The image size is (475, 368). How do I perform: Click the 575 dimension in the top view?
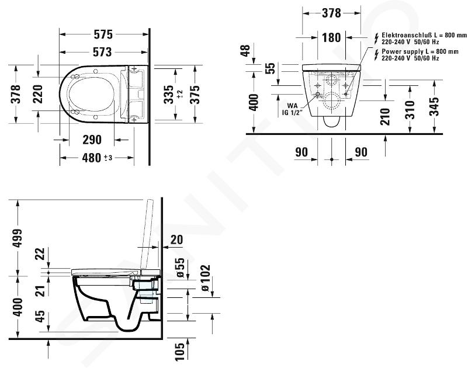point(103,34)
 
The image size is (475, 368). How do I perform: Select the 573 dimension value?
point(102,52)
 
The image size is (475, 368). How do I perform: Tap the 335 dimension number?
point(169,94)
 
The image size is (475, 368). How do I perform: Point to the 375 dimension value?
point(195,94)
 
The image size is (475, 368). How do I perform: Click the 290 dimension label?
point(92,140)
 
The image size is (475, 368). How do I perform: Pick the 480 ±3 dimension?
point(97,158)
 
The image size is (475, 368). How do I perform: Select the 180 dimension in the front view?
point(331,37)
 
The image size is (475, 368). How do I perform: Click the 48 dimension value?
point(245,50)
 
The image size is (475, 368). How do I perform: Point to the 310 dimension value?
point(410,110)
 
